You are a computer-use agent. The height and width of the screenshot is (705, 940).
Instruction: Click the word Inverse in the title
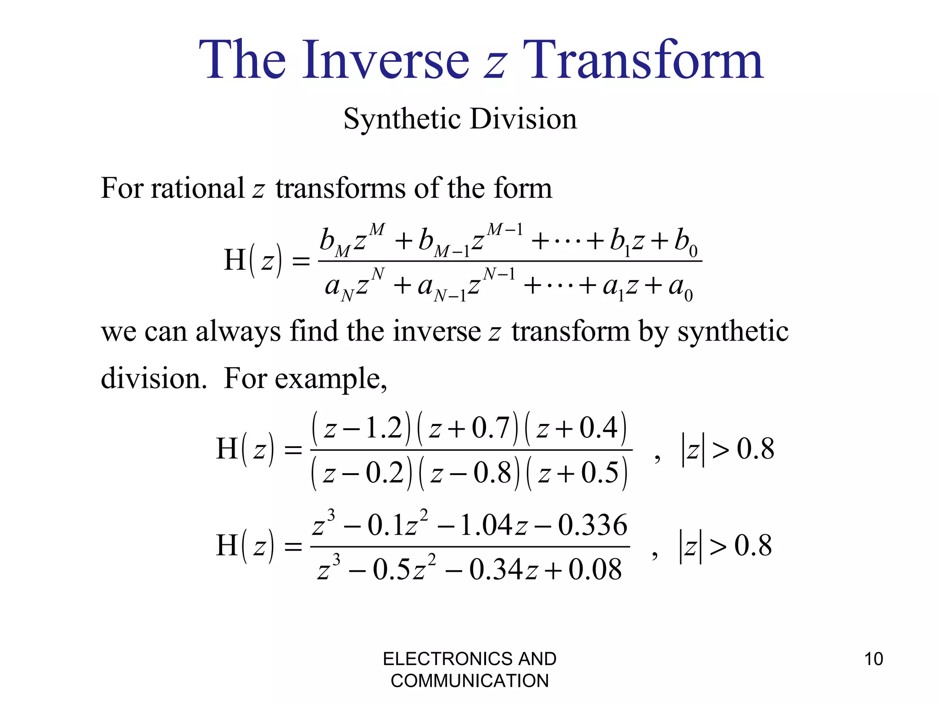click(x=386, y=60)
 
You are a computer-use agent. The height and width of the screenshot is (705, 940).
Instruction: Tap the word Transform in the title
click(x=643, y=60)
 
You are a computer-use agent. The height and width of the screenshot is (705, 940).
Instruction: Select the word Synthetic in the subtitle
click(x=402, y=119)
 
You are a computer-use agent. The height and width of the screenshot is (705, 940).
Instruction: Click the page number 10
click(x=873, y=659)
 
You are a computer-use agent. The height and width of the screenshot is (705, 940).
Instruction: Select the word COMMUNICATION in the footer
click(x=470, y=681)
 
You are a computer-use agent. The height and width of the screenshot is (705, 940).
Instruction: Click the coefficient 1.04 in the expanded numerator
click(x=486, y=526)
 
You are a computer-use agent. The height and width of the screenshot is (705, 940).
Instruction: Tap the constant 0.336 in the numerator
click(x=593, y=526)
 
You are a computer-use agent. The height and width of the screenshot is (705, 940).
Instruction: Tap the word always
click(x=238, y=331)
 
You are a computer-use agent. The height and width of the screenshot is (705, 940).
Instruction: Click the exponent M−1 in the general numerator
click(x=505, y=229)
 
